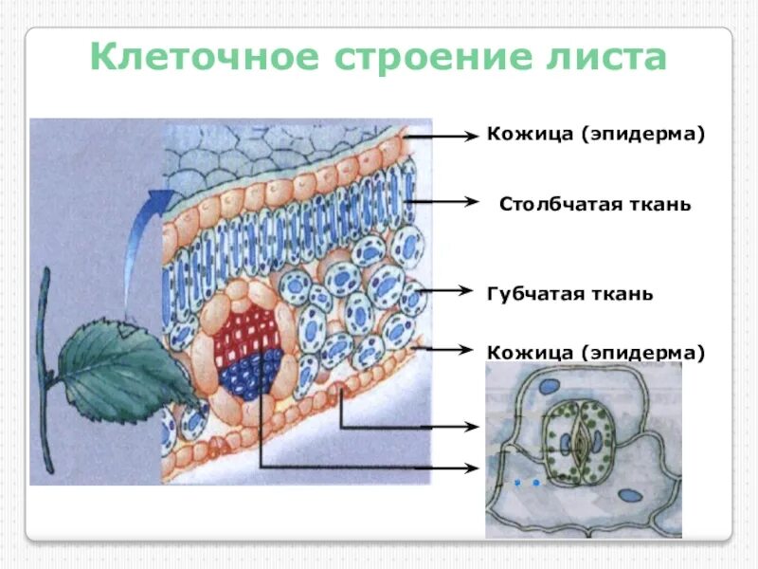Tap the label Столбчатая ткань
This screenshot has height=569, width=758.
[x=595, y=204]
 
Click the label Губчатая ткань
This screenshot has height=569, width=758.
[x=569, y=293]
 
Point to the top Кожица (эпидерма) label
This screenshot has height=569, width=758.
[x=596, y=135]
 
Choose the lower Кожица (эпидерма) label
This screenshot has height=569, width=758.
[x=596, y=352]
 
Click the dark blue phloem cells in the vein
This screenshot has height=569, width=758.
[x=252, y=372]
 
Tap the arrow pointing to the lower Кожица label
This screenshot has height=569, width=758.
[x=445, y=349]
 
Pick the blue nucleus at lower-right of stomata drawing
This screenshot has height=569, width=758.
[x=627, y=495]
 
